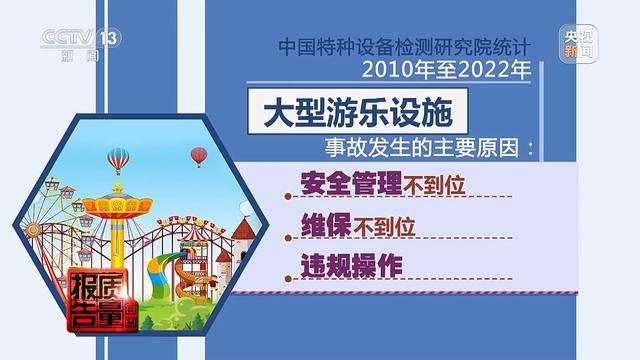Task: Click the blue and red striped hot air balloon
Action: click(119, 159)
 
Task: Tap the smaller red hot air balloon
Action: click(199, 155)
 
